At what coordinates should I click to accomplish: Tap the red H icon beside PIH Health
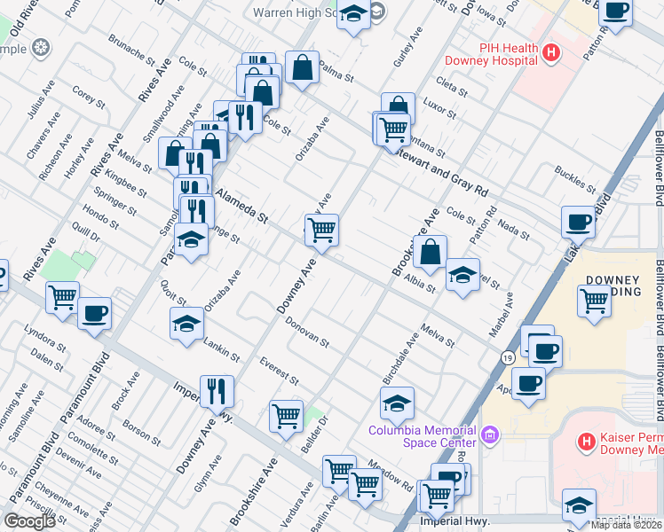pyautogui.click(x=551, y=53)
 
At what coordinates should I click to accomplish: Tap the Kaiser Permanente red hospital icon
pyautogui.click(x=586, y=441)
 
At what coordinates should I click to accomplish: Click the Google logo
pyautogui.click(x=28, y=520)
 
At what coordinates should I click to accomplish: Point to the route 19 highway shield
pyautogui.click(x=507, y=357)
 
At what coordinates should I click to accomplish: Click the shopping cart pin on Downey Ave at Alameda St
pyautogui.click(x=322, y=231)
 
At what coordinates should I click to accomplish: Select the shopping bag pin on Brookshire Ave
pyautogui.click(x=431, y=253)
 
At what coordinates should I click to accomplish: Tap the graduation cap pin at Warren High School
pyautogui.click(x=353, y=15)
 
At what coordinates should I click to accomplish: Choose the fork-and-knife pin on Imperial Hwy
pyautogui.click(x=217, y=390)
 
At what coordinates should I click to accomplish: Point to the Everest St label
pyautogui.click(x=279, y=371)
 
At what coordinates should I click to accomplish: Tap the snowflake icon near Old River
pyautogui.click(x=39, y=49)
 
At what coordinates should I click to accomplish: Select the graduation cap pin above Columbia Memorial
pyautogui.click(x=397, y=404)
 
